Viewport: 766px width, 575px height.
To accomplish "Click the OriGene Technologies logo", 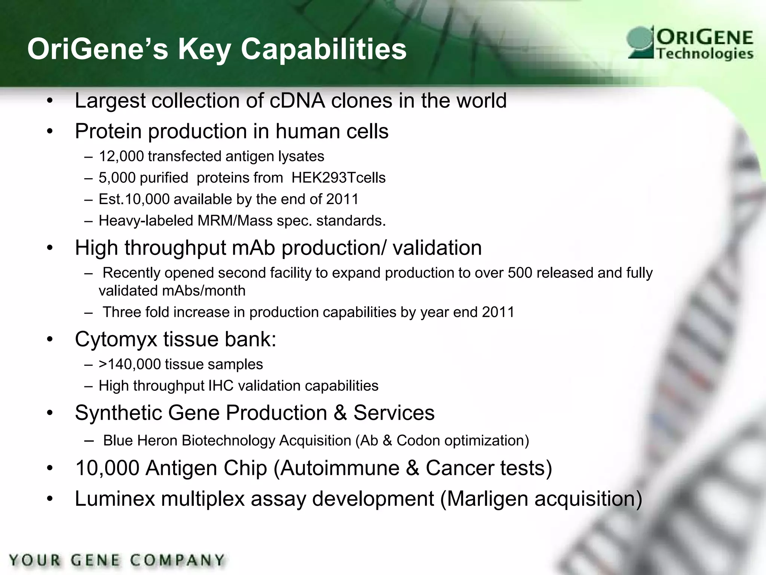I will coord(690,44).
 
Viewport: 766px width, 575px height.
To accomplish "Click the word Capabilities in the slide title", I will coord(324,49).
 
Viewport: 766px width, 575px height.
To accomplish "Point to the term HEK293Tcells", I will coord(338,178).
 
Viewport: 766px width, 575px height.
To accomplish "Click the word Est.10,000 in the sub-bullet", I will coord(134,199).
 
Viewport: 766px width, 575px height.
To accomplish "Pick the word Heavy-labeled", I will coord(145,221).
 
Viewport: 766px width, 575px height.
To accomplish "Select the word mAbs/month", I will coord(172,291).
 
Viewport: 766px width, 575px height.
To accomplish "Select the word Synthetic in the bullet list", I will coord(118,413).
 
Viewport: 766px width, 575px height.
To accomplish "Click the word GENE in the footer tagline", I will coord(95,560).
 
